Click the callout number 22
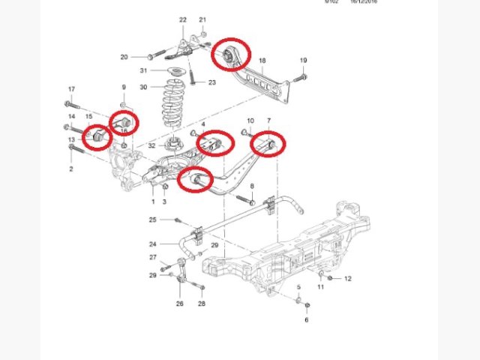pyautogui.click(x=183, y=19)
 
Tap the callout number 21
pyautogui.click(x=202, y=19)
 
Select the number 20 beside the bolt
pyautogui.click(x=124, y=56)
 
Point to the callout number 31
pyautogui.click(x=143, y=71)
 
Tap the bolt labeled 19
pyautogui.click(x=301, y=76)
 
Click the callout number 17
pyautogui.click(x=71, y=89)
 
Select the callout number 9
pyautogui.click(x=124, y=89)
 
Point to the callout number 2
pyautogui.click(x=71, y=169)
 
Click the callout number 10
pyautogui.click(x=250, y=120)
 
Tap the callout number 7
pyautogui.click(x=269, y=120)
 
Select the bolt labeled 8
pyautogui.click(x=245, y=199)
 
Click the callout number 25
pyautogui.click(x=152, y=220)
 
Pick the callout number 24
pyautogui.click(x=152, y=244)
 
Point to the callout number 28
pyautogui.click(x=201, y=303)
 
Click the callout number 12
pyautogui.click(x=348, y=278)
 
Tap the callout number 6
pyautogui.click(x=306, y=320)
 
